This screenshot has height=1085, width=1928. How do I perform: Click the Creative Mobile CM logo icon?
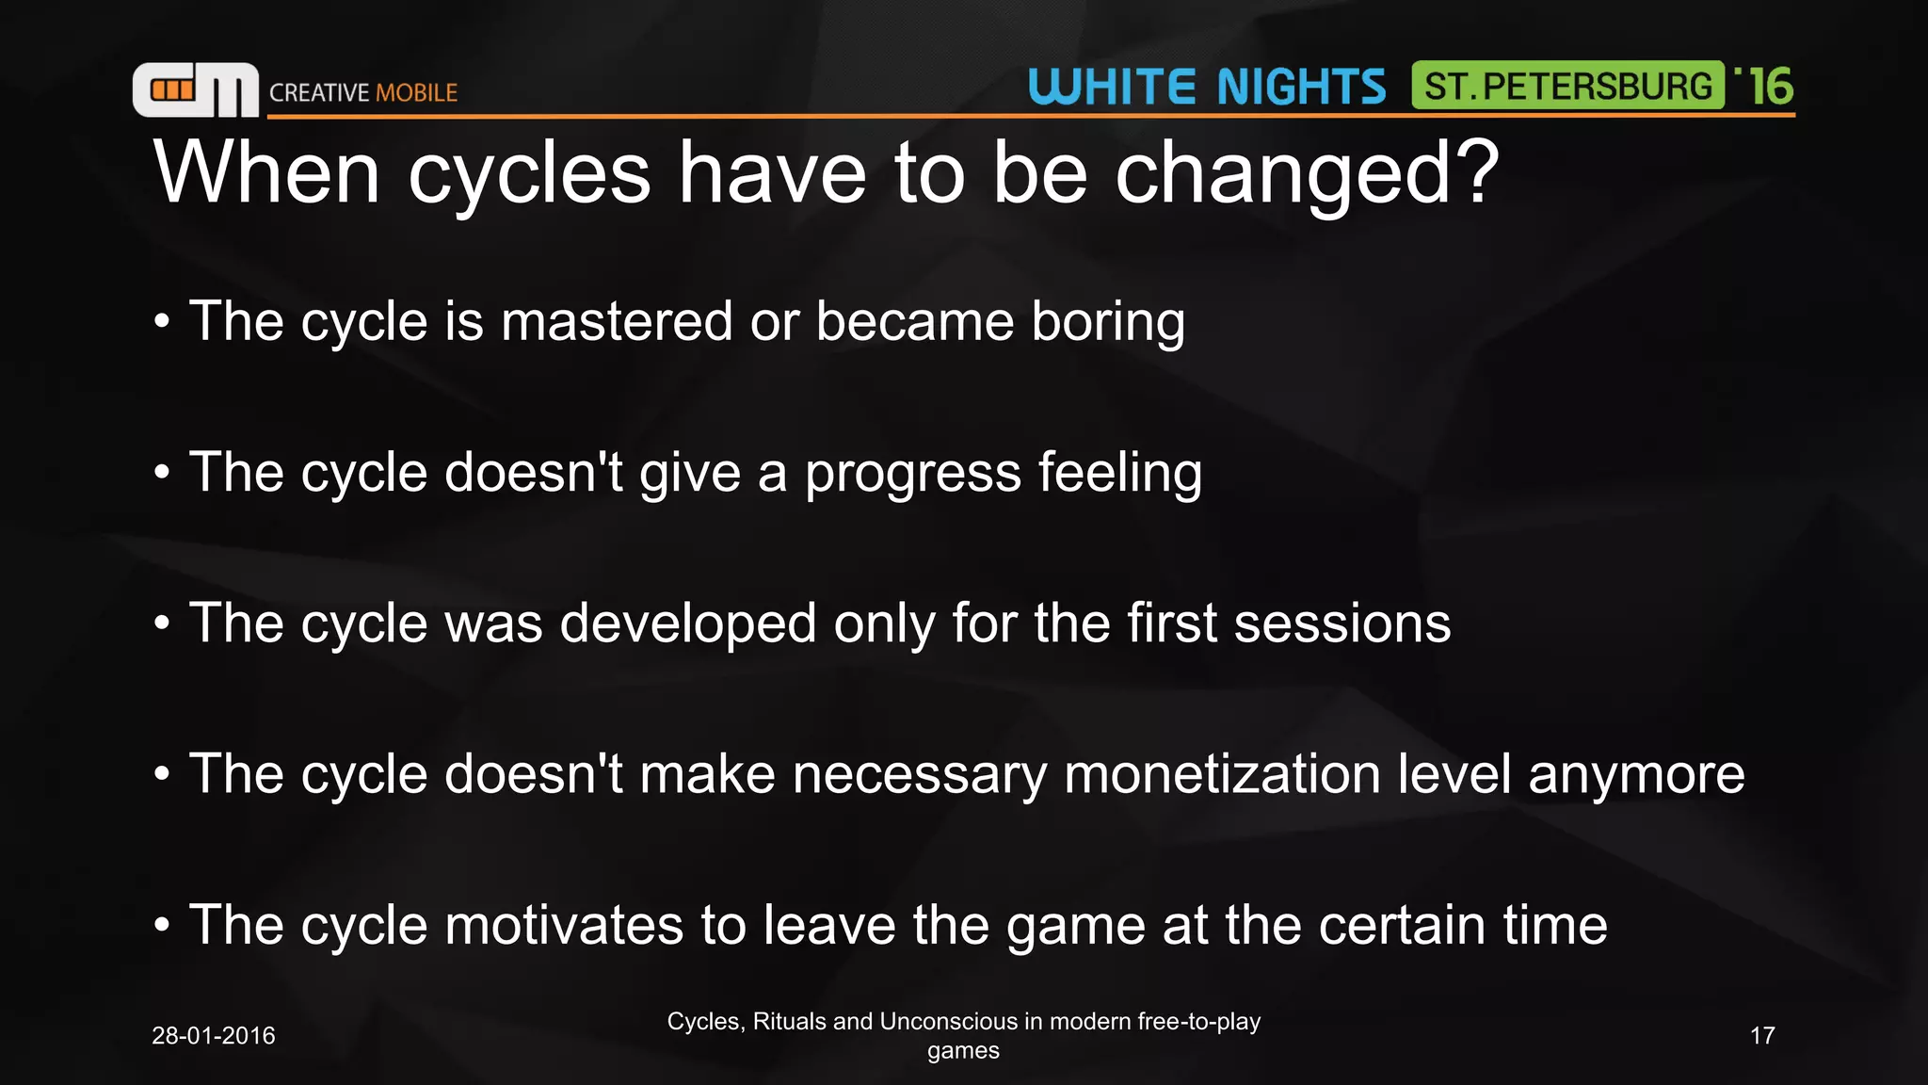click(195, 90)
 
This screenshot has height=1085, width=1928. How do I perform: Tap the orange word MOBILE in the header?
click(416, 92)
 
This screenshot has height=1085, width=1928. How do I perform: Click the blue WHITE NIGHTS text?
click(1207, 87)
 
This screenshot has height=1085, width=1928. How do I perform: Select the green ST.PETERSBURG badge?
click(1567, 86)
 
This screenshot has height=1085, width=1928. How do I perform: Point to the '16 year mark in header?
click(1766, 86)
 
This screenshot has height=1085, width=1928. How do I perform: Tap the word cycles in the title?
click(529, 172)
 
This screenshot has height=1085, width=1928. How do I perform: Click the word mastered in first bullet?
click(617, 321)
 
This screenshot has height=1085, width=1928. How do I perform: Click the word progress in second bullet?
click(912, 474)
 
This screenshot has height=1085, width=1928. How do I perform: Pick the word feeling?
click(1119, 474)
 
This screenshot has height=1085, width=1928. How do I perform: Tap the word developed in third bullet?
click(687, 624)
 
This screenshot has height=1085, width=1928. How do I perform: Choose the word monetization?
click(1222, 774)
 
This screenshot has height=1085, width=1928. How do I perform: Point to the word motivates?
click(563, 925)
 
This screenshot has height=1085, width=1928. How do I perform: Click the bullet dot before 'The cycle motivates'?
click(163, 926)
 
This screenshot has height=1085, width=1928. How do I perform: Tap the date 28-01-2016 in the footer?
click(213, 1035)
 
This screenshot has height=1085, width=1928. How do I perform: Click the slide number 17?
click(1761, 1035)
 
